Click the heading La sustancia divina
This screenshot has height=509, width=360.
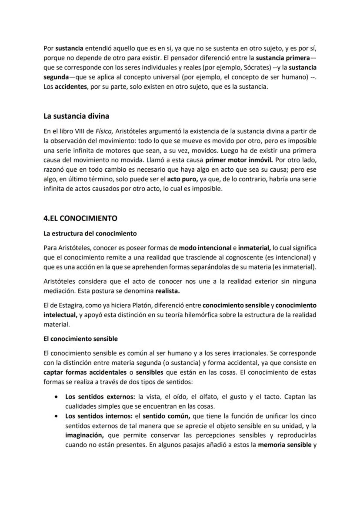76,116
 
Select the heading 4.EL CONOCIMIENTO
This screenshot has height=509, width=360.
80,218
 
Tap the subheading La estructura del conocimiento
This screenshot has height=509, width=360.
90,233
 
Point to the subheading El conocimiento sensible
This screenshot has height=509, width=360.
80,339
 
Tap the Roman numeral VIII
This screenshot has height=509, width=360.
75,131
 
